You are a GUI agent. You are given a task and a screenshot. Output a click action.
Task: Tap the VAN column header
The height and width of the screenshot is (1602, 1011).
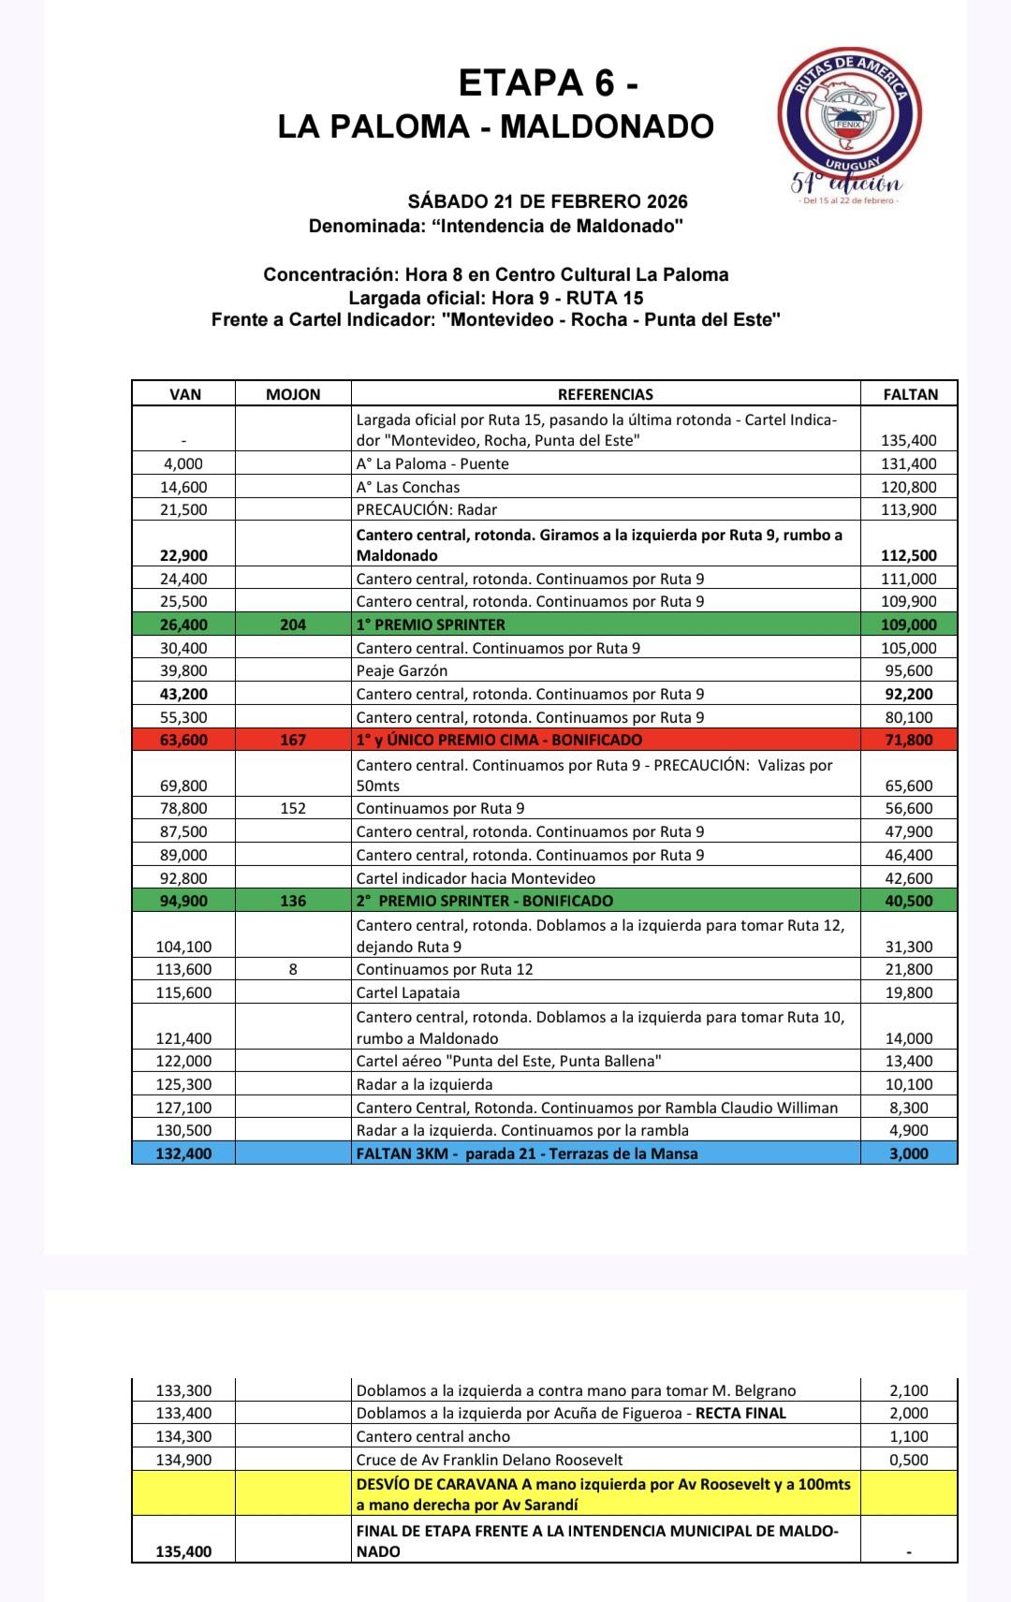coord(185,394)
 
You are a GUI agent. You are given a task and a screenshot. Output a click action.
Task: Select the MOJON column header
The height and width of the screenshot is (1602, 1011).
coord(293,394)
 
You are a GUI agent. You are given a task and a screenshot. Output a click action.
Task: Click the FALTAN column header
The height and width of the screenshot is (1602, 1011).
coord(910,394)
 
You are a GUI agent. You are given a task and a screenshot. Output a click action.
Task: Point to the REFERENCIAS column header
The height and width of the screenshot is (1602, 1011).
coord(606,394)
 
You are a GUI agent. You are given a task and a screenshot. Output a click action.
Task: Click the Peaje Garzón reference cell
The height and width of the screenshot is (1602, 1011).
coord(402,670)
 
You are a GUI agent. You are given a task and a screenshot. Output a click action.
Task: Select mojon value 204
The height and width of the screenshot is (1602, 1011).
coord(293,625)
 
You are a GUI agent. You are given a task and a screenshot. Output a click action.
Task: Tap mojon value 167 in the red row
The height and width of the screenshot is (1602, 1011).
coord(293,740)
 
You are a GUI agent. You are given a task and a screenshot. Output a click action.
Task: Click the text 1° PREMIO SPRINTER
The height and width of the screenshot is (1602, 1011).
coord(431,625)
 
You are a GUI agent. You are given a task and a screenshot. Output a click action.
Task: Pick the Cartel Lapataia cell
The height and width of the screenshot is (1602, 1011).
coord(408,992)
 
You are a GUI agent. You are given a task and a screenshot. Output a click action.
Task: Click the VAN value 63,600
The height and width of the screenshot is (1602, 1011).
coord(183,740)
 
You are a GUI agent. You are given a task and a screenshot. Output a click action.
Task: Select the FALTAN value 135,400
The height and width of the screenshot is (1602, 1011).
coord(909,440)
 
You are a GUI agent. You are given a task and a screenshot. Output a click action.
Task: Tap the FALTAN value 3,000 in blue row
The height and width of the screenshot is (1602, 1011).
coord(909,1154)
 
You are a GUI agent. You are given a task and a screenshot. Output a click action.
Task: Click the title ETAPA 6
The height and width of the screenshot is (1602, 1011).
coord(549,84)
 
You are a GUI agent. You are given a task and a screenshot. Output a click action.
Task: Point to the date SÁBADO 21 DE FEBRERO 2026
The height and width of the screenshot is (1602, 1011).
coord(548,201)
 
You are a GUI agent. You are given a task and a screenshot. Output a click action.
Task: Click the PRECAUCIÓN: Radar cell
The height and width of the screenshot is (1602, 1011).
coord(427,509)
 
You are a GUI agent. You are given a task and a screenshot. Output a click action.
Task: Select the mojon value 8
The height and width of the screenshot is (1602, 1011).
coord(293,969)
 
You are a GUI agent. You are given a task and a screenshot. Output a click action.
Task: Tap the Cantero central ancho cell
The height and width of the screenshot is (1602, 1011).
coord(433,1436)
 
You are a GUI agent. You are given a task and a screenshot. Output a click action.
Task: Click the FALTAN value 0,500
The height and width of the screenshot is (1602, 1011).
coord(909,1460)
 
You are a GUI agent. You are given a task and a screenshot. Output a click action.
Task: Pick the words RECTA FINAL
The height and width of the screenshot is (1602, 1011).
coord(740,1413)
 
